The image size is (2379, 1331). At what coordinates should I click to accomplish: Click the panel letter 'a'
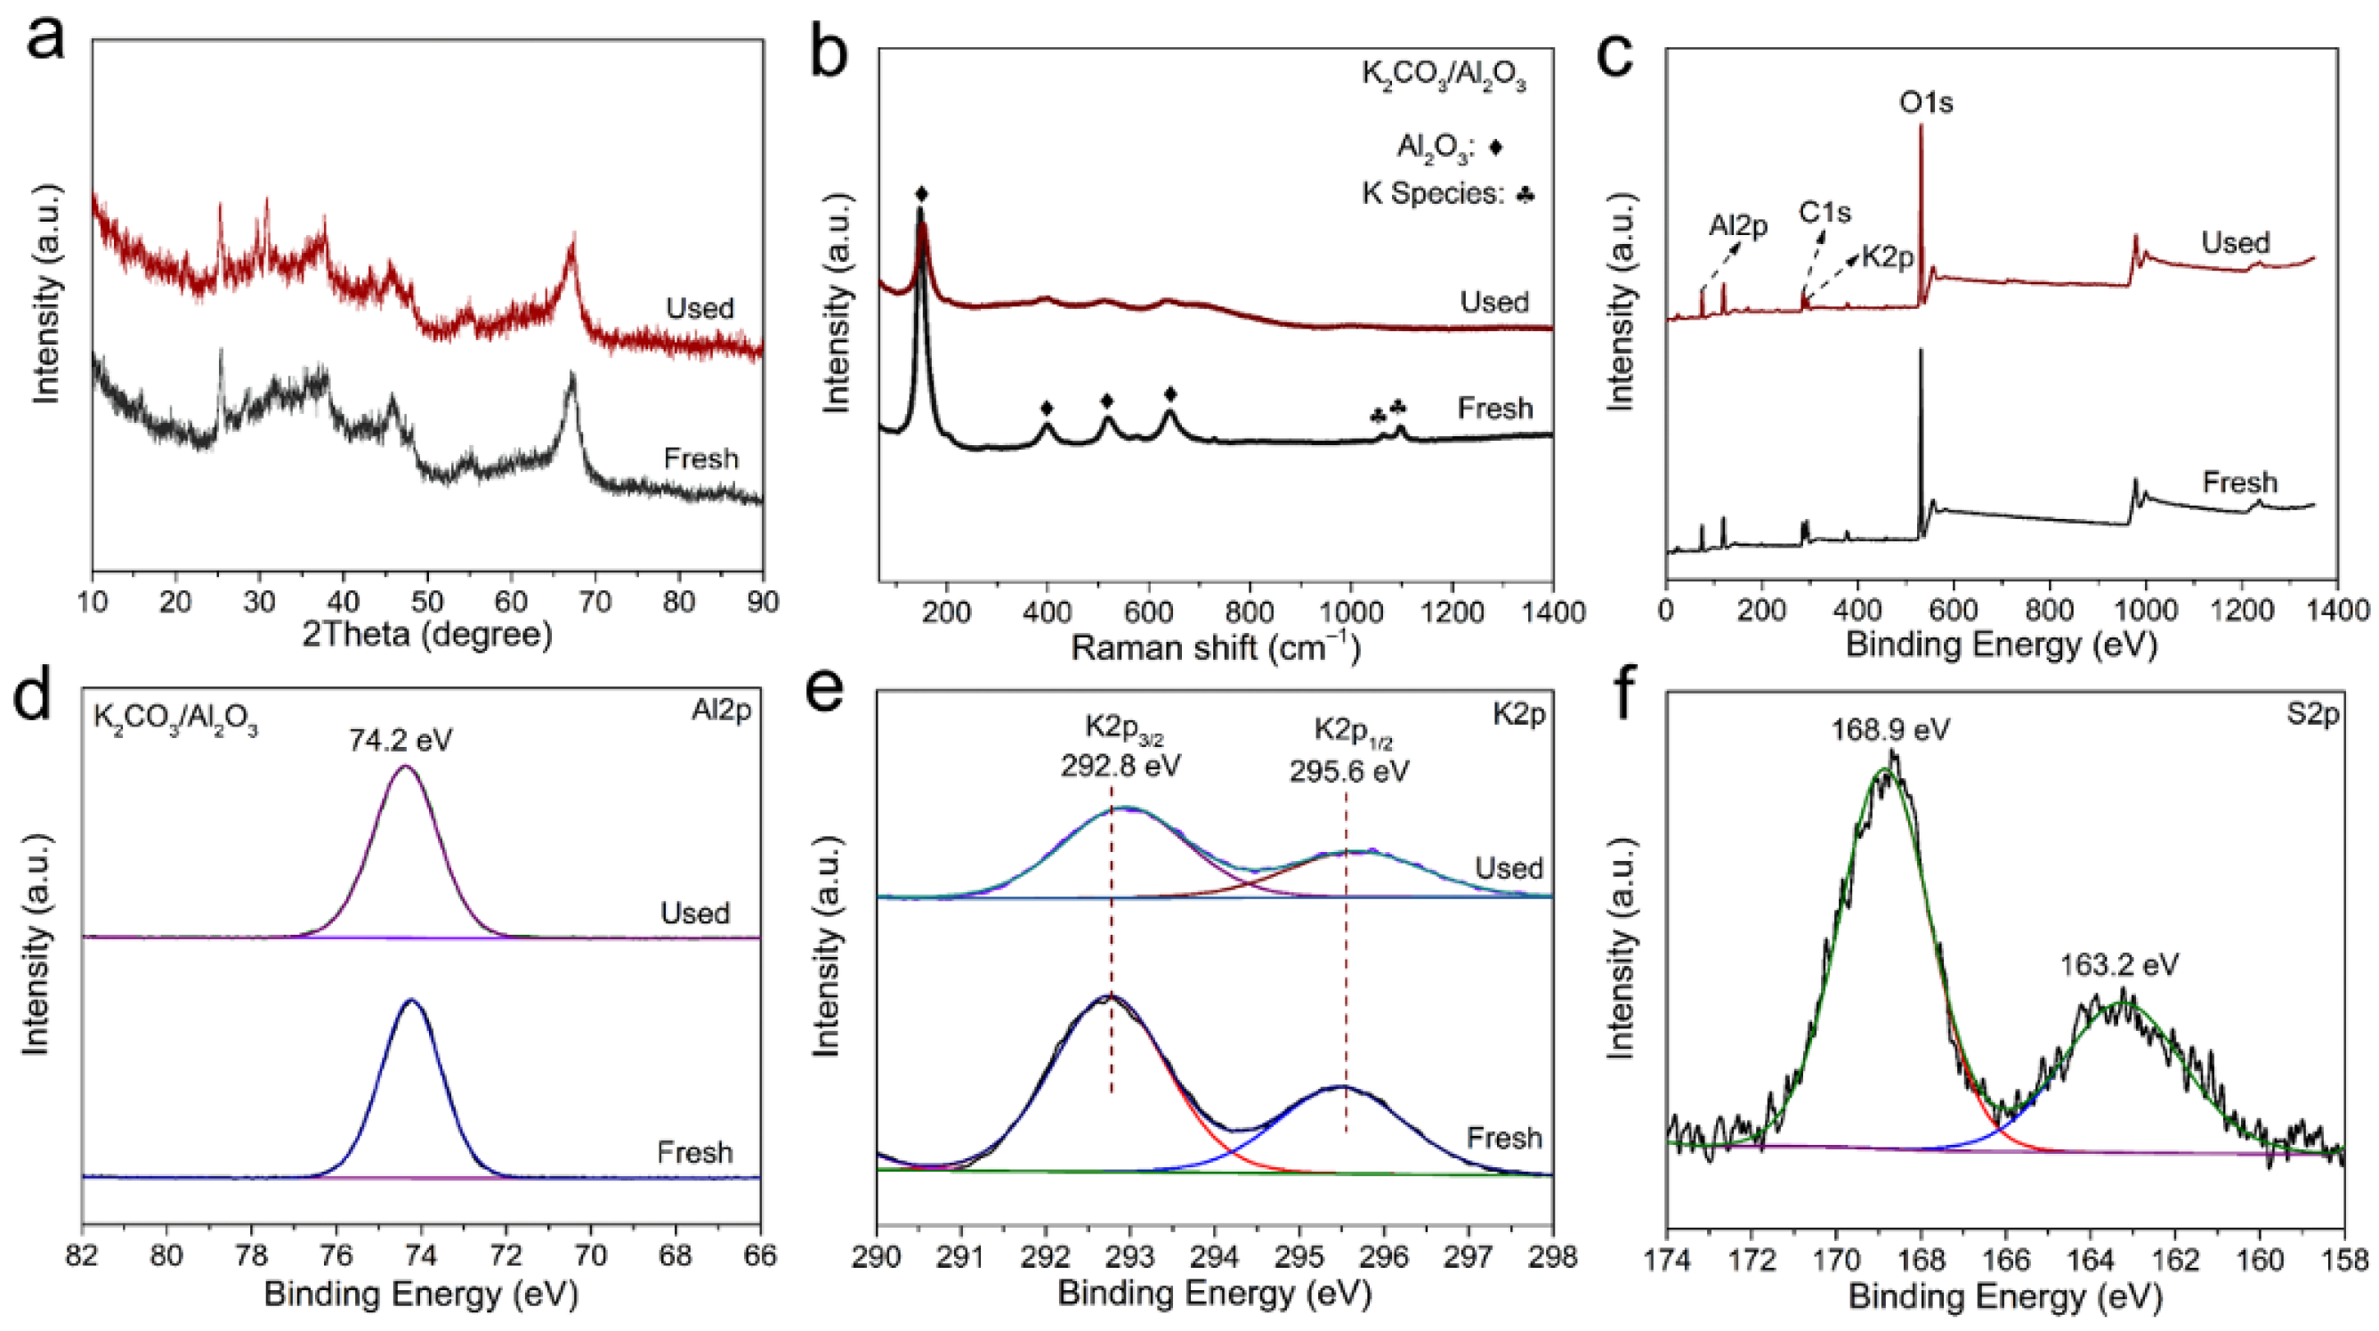pyautogui.click(x=45, y=42)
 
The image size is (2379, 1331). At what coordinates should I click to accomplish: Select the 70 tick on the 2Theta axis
pyautogui.click(x=595, y=602)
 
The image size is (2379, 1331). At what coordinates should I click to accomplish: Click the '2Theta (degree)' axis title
pyautogui.click(x=426, y=635)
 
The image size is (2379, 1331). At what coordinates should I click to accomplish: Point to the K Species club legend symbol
pyautogui.click(x=1525, y=194)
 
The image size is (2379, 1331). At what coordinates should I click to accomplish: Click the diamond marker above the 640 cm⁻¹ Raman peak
pyautogui.click(x=1170, y=394)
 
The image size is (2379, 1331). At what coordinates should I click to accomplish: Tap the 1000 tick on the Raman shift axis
pyautogui.click(x=1351, y=612)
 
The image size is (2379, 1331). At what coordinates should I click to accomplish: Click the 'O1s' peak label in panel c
pyautogui.click(x=1926, y=101)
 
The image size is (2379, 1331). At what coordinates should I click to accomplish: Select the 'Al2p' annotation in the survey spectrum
pyautogui.click(x=1737, y=225)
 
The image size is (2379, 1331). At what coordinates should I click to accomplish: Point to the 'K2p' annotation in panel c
pyautogui.click(x=1887, y=256)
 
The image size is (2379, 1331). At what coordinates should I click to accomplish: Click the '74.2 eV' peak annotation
pyautogui.click(x=401, y=740)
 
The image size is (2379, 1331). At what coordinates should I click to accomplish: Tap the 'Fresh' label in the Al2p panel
pyautogui.click(x=694, y=1152)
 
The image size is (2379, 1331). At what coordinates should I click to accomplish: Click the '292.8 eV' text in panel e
pyautogui.click(x=1120, y=767)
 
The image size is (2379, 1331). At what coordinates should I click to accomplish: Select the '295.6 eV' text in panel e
pyautogui.click(x=1349, y=771)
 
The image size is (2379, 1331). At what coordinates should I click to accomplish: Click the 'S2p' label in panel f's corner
pyautogui.click(x=2311, y=714)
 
